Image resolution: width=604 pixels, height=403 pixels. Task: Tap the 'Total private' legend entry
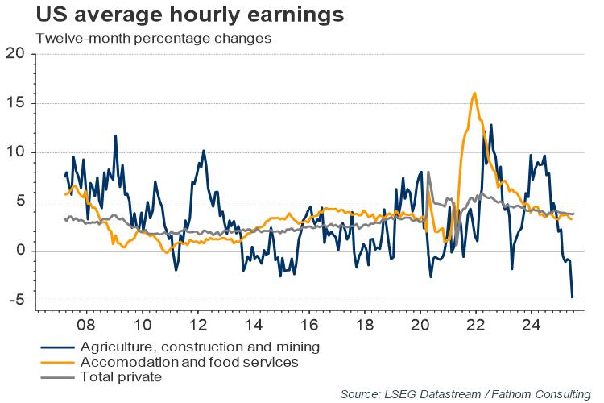121,376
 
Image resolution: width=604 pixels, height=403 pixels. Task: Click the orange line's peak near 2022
475,93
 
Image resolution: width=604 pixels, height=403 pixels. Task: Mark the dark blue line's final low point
573,297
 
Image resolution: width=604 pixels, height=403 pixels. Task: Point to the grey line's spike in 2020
428,172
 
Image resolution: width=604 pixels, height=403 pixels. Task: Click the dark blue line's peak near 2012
203,151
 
